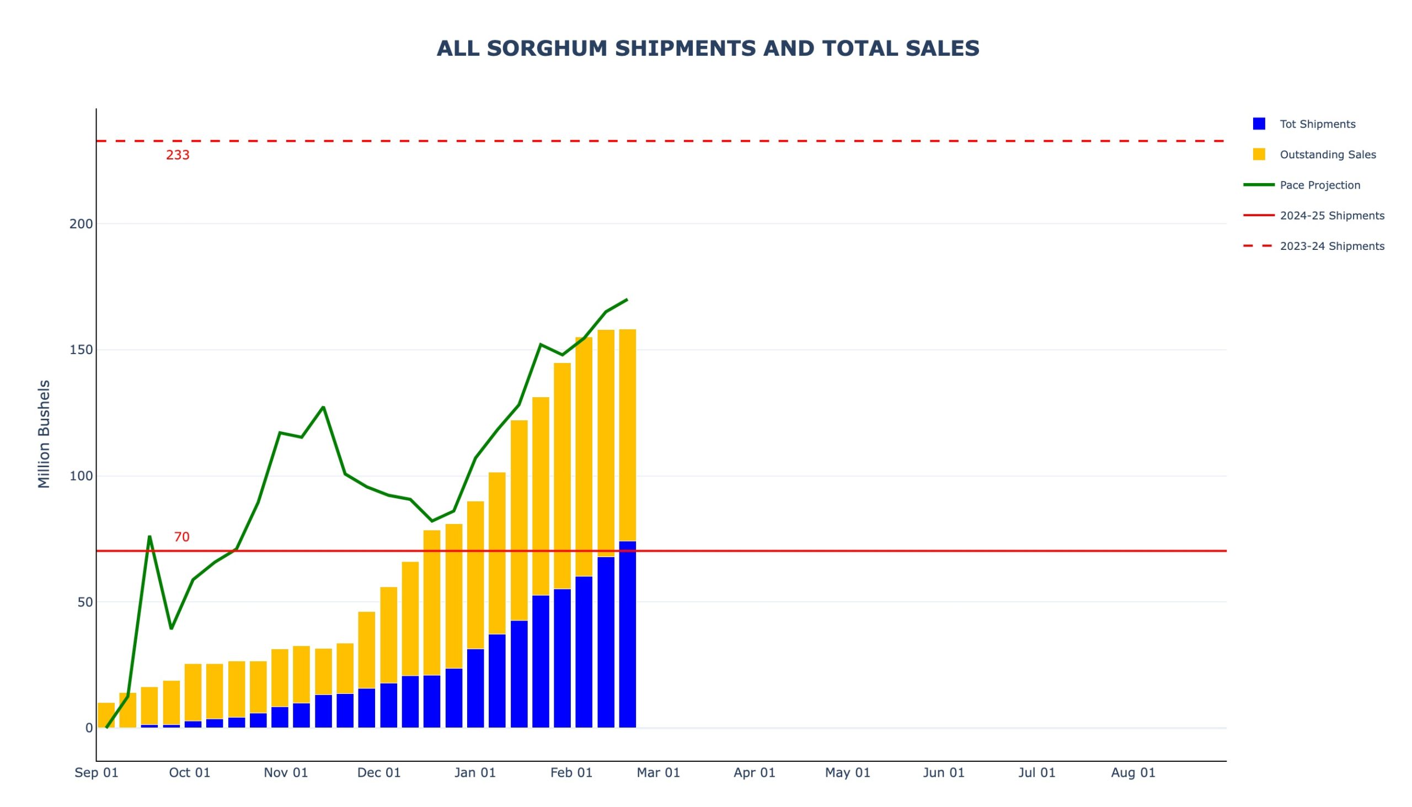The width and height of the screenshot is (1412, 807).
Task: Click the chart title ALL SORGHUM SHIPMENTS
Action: pyautogui.click(x=708, y=49)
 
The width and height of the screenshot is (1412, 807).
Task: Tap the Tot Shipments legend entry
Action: pyautogui.click(x=1317, y=124)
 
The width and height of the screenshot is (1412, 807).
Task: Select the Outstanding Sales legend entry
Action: pyautogui.click(x=1327, y=154)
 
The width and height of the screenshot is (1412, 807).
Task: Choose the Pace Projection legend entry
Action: pyautogui.click(x=1319, y=185)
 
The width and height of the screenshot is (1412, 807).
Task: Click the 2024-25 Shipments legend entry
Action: pyautogui.click(x=1331, y=216)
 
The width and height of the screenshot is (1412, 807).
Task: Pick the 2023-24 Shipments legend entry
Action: pyautogui.click(x=1331, y=246)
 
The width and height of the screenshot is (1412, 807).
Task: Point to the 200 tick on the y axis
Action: pyautogui.click(x=81, y=224)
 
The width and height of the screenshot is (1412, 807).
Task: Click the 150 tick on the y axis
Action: pyautogui.click(x=81, y=350)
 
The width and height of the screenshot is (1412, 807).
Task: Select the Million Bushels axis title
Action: pyautogui.click(x=44, y=434)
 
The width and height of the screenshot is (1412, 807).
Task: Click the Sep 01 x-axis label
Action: pyautogui.click(x=97, y=773)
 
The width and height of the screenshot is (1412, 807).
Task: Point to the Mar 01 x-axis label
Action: pyautogui.click(x=658, y=773)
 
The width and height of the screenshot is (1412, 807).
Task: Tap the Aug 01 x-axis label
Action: pyautogui.click(x=1133, y=773)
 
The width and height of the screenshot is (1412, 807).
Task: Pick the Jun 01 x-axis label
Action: pyautogui.click(x=943, y=773)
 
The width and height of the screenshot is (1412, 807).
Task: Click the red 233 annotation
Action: pyautogui.click(x=178, y=155)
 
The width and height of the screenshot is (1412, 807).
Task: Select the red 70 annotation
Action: pyautogui.click(x=181, y=537)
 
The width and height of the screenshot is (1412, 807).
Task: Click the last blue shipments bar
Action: pyautogui.click(x=627, y=635)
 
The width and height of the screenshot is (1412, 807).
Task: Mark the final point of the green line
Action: pyautogui.click(x=627, y=300)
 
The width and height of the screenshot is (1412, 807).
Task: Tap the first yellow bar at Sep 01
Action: pyautogui.click(x=106, y=715)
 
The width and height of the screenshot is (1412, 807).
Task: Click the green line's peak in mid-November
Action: pyautogui.click(x=323, y=408)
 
